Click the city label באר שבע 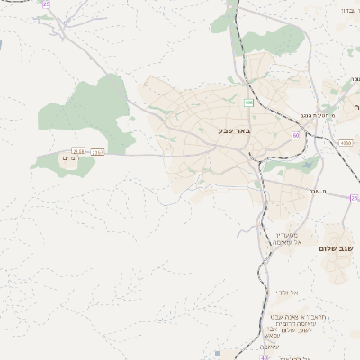tap(232, 131)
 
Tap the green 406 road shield tap(248, 103)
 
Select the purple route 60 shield tap(295, 136)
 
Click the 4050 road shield tap(346, 142)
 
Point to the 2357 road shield tap(98, 151)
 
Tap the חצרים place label tap(69, 159)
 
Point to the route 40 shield tap(265, 357)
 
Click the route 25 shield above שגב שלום tap(354, 198)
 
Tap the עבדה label tap(346, 10)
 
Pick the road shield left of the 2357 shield tap(78, 151)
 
